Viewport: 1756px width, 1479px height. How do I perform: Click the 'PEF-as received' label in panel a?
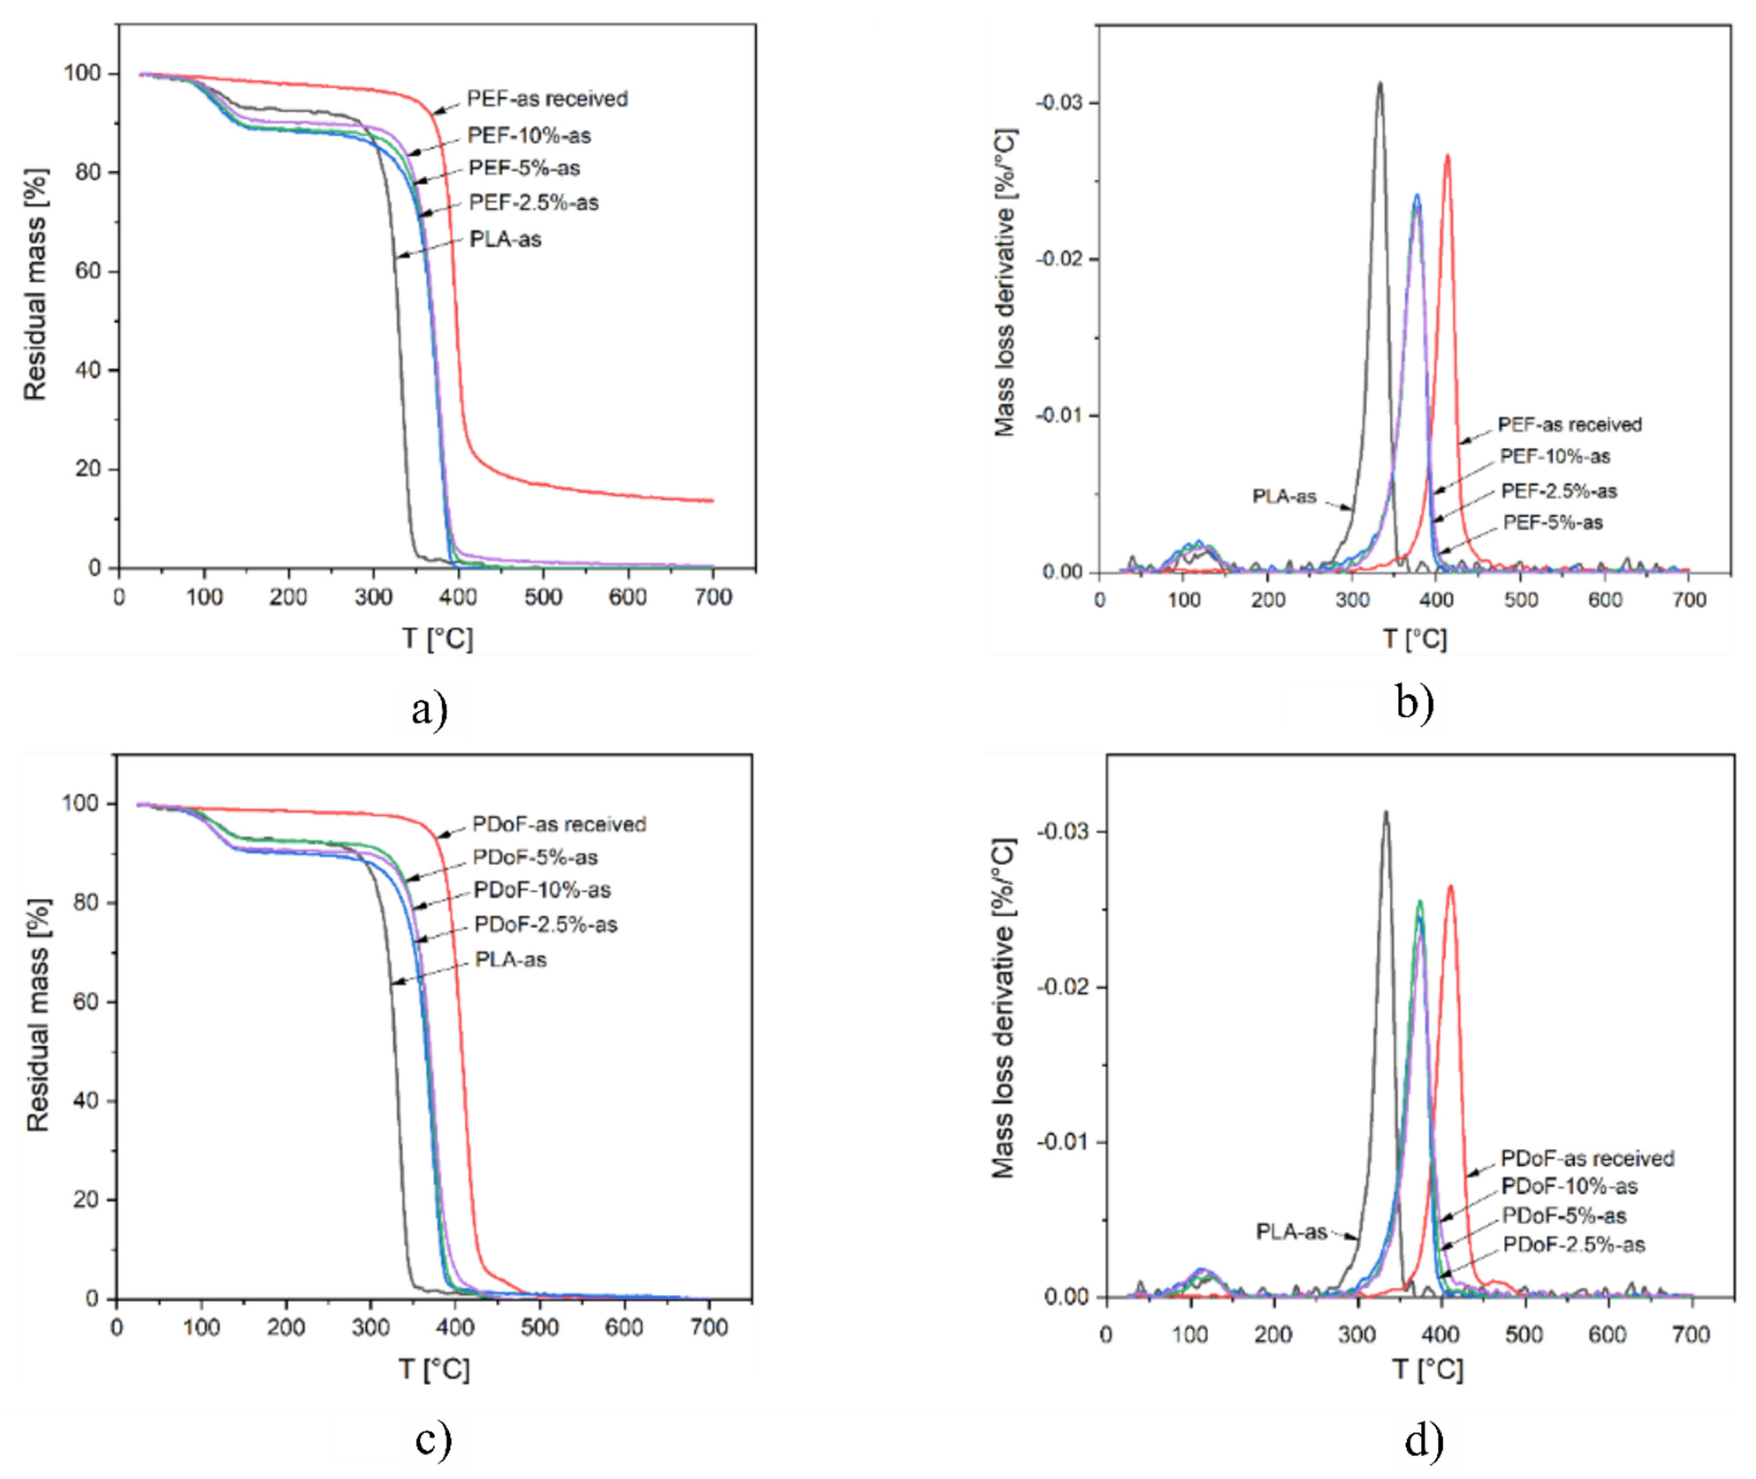click(547, 99)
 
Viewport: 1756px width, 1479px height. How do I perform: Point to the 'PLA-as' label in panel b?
click(1284, 496)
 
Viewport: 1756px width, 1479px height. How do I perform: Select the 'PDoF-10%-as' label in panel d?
click(1569, 1186)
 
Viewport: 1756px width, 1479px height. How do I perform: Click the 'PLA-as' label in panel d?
click(1291, 1231)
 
